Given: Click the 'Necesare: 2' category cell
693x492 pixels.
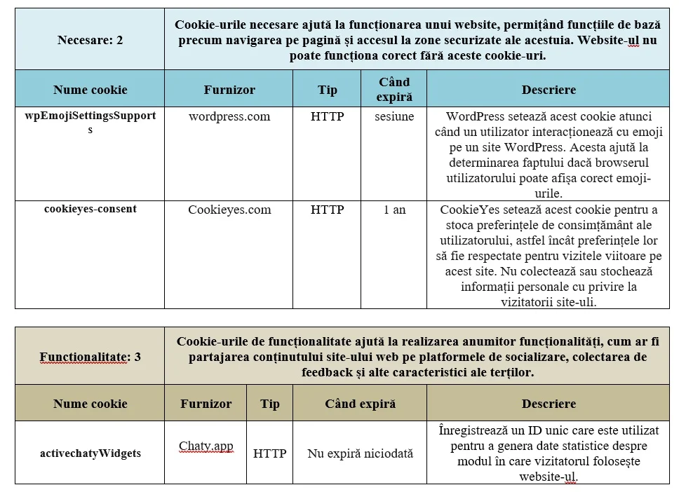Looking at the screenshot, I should (90, 40).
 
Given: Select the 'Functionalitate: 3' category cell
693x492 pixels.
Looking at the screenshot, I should (90, 357).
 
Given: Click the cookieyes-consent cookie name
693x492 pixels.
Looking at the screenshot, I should (90, 209).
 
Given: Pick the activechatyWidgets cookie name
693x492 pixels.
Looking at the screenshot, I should (90, 453).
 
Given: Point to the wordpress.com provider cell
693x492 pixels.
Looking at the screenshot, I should (229, 116).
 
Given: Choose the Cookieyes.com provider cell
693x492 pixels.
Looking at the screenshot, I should (229, 210).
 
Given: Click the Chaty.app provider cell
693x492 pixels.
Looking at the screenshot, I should (206, 446).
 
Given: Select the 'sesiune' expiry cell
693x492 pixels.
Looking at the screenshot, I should (393, 116).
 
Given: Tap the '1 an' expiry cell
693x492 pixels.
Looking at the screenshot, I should (393, 210).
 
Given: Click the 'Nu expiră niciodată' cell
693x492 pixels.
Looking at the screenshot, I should (360, 453).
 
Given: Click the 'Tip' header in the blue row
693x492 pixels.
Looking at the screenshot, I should (327, 90).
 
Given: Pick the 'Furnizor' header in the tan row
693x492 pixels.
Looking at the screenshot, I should (206, 404).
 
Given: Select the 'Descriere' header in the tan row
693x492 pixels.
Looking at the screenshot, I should (548, 404).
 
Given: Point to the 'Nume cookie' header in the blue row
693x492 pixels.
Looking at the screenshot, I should (90, 90).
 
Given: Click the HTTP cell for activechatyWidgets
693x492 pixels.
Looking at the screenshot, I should (269, 453).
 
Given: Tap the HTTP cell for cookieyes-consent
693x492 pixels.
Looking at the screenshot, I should (327, 210).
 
